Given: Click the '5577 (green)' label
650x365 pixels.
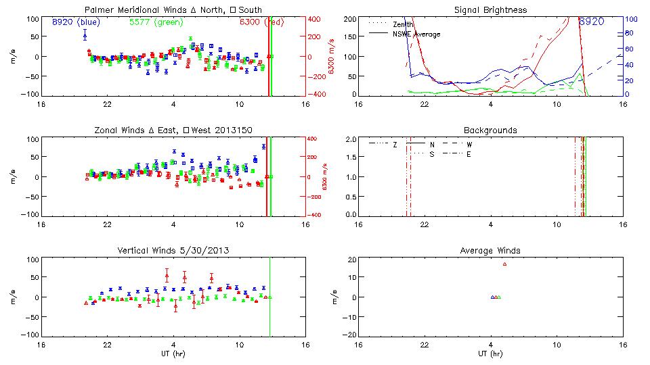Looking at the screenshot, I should point(150,22).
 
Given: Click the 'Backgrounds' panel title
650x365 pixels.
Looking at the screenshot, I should point(490,130).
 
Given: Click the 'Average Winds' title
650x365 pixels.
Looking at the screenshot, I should point(490,251).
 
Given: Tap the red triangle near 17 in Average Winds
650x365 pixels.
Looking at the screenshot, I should point(504,264).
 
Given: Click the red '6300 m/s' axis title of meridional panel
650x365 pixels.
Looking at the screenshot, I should point(332,56).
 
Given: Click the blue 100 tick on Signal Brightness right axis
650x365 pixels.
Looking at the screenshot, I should point(628,18).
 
